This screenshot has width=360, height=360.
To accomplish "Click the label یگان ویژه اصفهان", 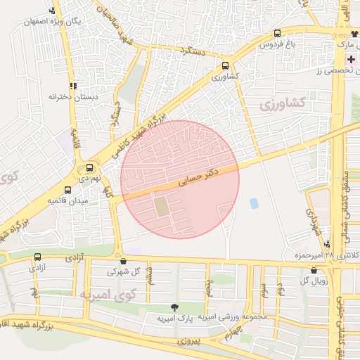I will [53, 22].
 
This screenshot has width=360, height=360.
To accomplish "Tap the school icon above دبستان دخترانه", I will [72, 86].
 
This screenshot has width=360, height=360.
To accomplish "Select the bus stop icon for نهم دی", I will [89, 168].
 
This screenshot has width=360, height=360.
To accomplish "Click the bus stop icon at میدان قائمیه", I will [67, 190].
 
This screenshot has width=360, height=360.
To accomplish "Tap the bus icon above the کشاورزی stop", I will [224, 64].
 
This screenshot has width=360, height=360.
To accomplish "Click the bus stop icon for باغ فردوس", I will [277, 33].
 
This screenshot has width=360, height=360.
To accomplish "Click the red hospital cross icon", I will [351, 59].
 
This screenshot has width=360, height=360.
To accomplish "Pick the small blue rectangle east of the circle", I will [254, 203].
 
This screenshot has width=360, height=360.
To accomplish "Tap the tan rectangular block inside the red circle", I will [162, 207].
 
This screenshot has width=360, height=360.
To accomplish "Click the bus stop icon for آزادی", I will [37, 257].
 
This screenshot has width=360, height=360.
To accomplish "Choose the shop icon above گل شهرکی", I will [124, 261].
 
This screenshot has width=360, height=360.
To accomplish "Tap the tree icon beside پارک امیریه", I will [174, 307].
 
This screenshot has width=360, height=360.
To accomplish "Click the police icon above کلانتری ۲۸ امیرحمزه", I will [327, 243].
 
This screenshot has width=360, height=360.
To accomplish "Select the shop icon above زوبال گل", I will [314, 271].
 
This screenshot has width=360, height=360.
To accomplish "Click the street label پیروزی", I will [188, 342].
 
